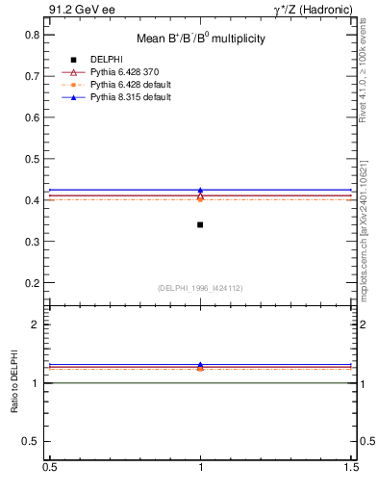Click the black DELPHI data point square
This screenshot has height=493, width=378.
(200, 224)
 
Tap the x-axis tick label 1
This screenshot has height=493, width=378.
(200, 466)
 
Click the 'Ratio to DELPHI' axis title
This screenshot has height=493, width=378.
(14, 382)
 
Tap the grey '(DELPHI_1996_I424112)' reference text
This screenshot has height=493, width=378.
(200, 288)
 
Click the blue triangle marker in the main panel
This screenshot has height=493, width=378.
(200, 191)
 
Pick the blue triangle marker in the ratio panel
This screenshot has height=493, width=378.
(200, 365)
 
